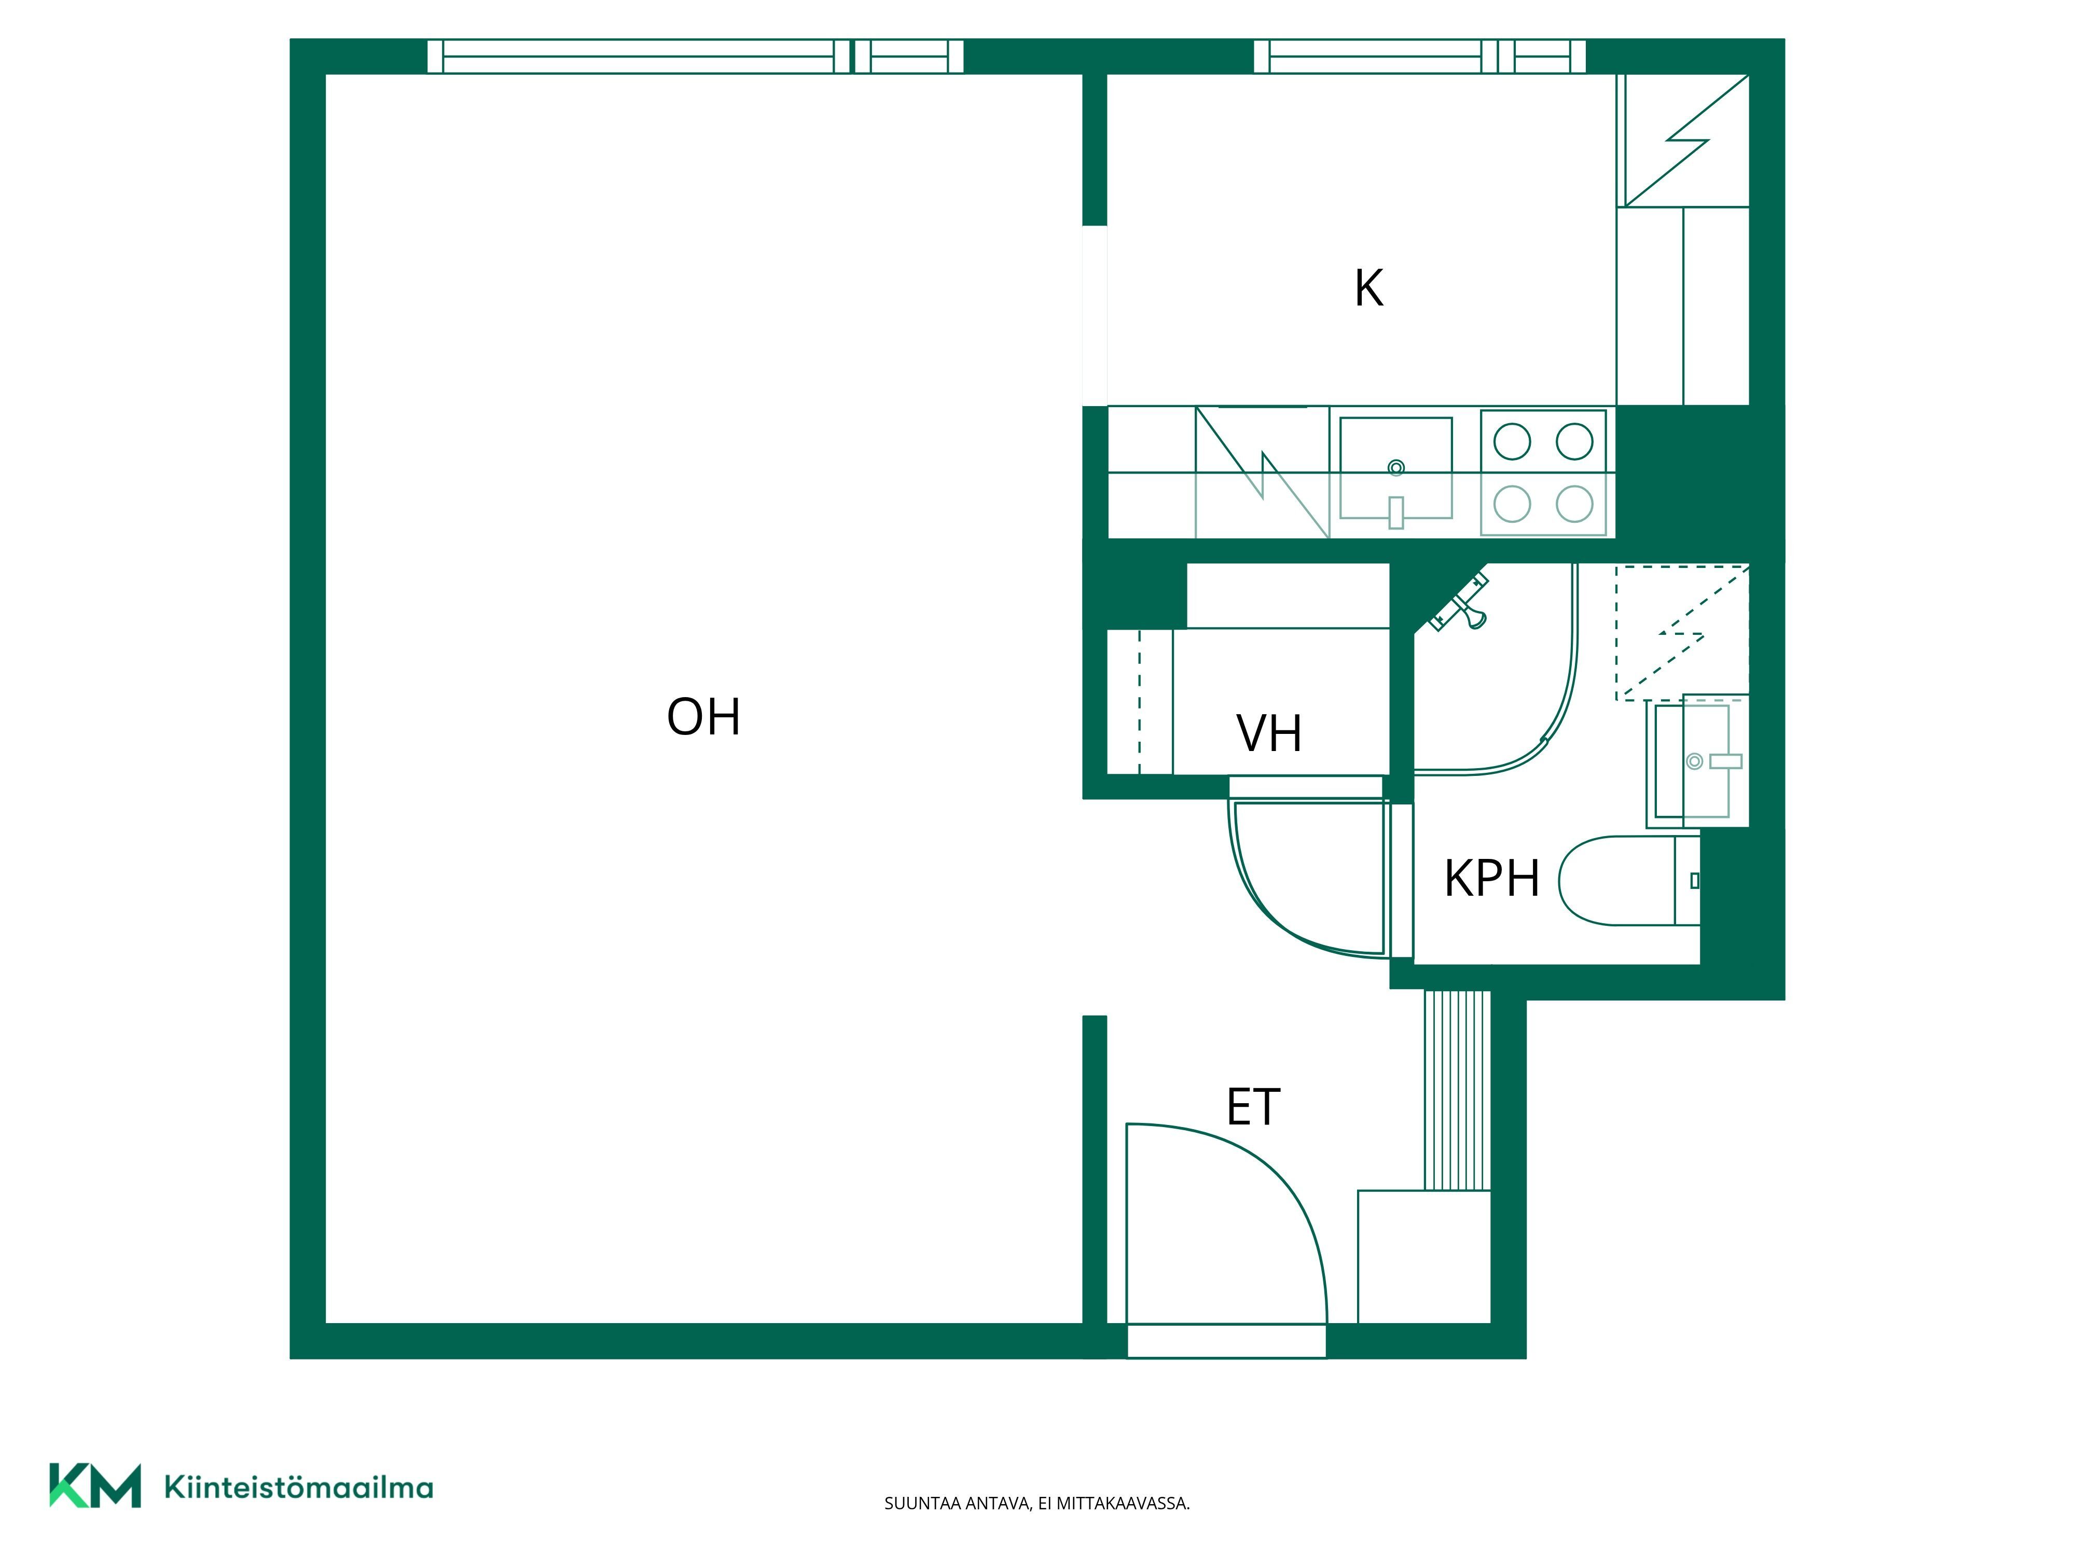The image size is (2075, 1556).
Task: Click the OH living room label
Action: coord(703,717)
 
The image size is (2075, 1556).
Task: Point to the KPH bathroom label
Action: coord(1491,879)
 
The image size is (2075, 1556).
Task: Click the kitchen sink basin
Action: coord(1396,468)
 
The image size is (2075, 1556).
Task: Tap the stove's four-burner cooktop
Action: coord(1543,473)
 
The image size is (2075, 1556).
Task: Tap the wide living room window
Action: coord(695,56)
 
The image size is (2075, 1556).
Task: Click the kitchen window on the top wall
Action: coord(1420,56)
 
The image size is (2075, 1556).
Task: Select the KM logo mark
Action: coord(95,1485)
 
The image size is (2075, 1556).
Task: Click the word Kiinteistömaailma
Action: coord(298,1486)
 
